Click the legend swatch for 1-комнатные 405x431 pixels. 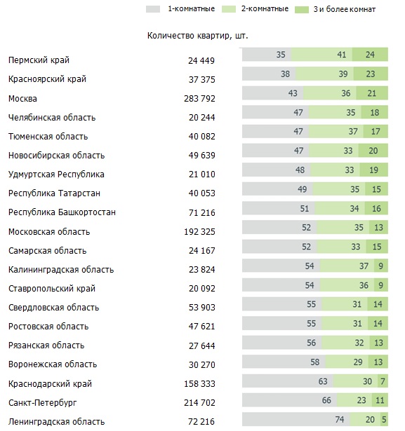tap(153, 9)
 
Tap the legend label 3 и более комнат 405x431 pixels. tap(345, 9)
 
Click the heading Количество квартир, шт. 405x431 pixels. tap(197, 36)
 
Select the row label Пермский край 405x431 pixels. tap(39, 60)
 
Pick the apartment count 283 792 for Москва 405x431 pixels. tap(199, 98)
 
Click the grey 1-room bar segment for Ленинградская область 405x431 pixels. tap(296, 419)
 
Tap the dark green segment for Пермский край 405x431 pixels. tap(370, 55)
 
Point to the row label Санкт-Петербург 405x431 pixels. tap(42, 403)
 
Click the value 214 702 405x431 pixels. tap(199, 403)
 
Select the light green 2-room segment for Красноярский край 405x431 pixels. tap(324, 74)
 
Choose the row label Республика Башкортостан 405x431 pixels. tap(62, 212)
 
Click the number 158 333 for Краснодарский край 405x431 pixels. tap(199, 384)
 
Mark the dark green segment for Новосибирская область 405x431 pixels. tap(373, 151)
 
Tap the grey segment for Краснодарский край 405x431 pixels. tap(288, 381)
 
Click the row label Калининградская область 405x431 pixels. tap(61, 270)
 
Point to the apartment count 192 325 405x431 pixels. tap(199, 232)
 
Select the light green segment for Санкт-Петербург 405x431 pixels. tap(354, 400)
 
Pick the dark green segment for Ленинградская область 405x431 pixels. tap(384, 419)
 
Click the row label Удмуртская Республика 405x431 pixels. tap(56, 175)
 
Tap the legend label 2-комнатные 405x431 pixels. tap(265, 9)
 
